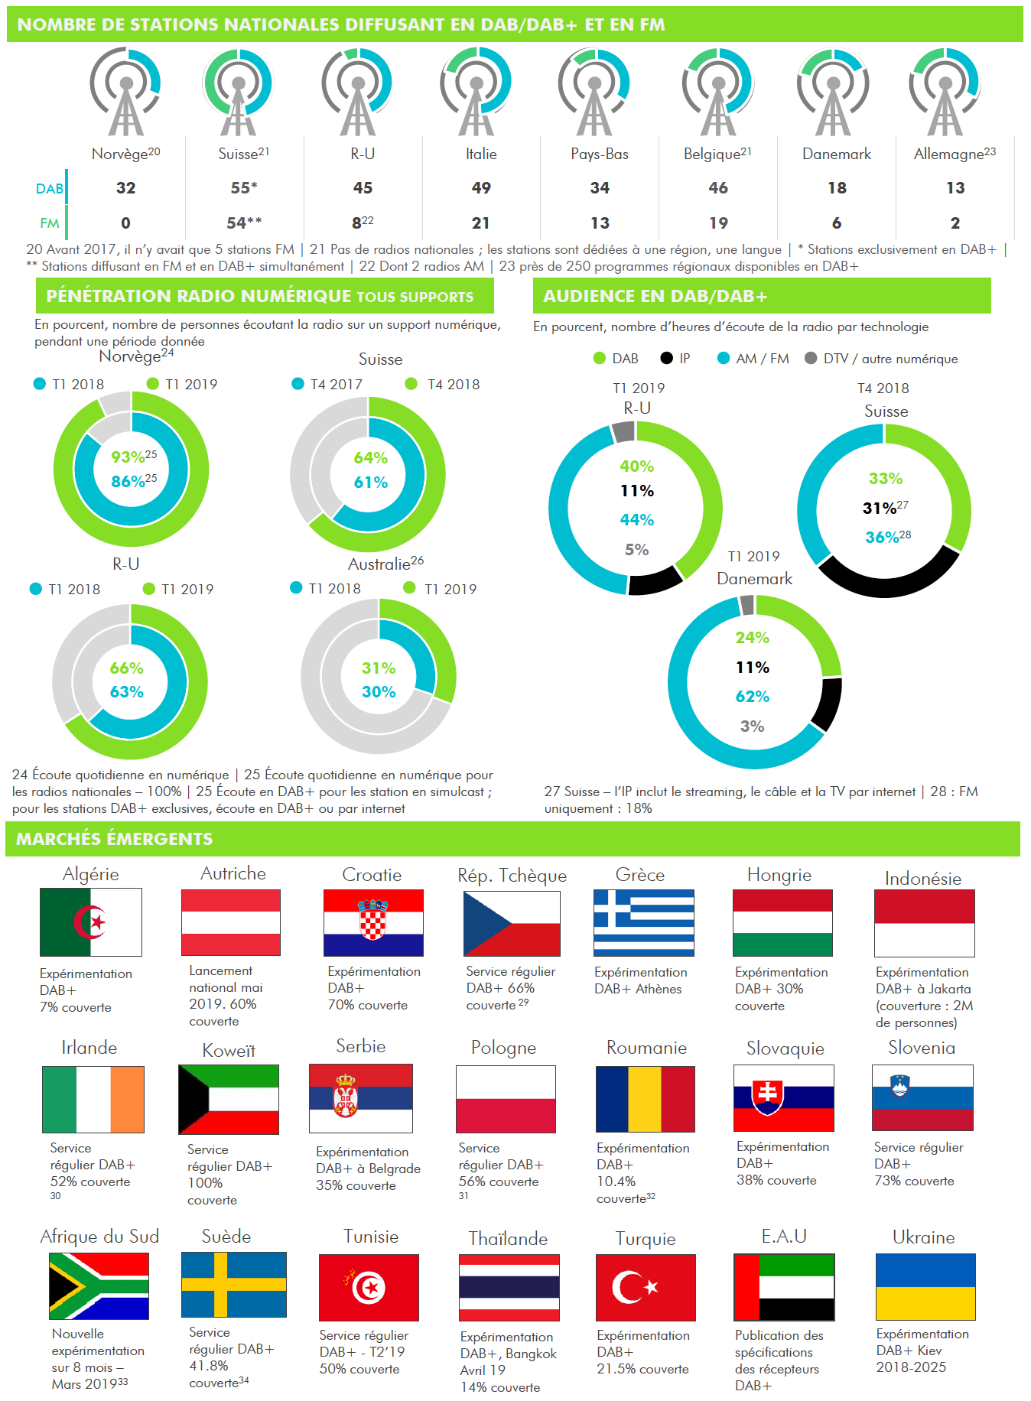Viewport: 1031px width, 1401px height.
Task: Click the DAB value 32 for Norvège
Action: coord(126,188)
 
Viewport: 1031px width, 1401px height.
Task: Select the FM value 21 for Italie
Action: coord(480,223)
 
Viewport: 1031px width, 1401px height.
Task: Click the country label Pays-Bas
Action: coord(600,154)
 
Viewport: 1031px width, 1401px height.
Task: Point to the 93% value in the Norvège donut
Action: coord(128,457)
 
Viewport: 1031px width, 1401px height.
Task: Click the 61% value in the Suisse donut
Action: coord(370,483)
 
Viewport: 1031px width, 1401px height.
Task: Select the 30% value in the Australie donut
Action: coord(379,692)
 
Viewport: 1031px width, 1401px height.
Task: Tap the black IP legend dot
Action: coord(666,358)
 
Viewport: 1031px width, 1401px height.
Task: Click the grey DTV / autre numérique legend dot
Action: coord(811,358)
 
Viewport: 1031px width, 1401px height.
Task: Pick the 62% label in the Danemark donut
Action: coord(753,697)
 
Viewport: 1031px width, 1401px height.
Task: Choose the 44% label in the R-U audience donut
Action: coord(636,520)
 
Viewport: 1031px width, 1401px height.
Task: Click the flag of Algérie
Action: coord(91,922)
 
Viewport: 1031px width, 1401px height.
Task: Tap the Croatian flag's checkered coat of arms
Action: coord(373,918)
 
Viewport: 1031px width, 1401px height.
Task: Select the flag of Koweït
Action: coord(229,1100)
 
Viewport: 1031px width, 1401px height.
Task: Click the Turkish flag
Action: coord(646,1287)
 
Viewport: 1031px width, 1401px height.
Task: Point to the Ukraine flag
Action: coord(925,1286)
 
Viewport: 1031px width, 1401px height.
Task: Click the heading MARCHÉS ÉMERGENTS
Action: coord(115,839)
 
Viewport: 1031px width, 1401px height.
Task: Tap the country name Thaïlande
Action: coord(508,1239)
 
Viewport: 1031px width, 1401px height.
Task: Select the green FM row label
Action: coord(49,223)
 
